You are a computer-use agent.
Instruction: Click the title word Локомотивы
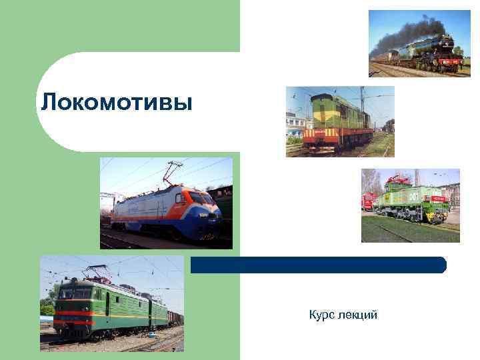[x=116, y=103]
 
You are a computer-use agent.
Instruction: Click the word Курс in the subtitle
[x=322, y=314]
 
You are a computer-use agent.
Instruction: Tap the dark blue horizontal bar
[x=318, y=265]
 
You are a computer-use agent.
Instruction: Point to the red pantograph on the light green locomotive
[x=400, y=178]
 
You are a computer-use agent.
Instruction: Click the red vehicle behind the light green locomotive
[x=369, y=201]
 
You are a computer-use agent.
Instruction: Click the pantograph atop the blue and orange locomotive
[x=175, y=170]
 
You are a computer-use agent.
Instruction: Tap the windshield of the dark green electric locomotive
[x=74, y=293]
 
